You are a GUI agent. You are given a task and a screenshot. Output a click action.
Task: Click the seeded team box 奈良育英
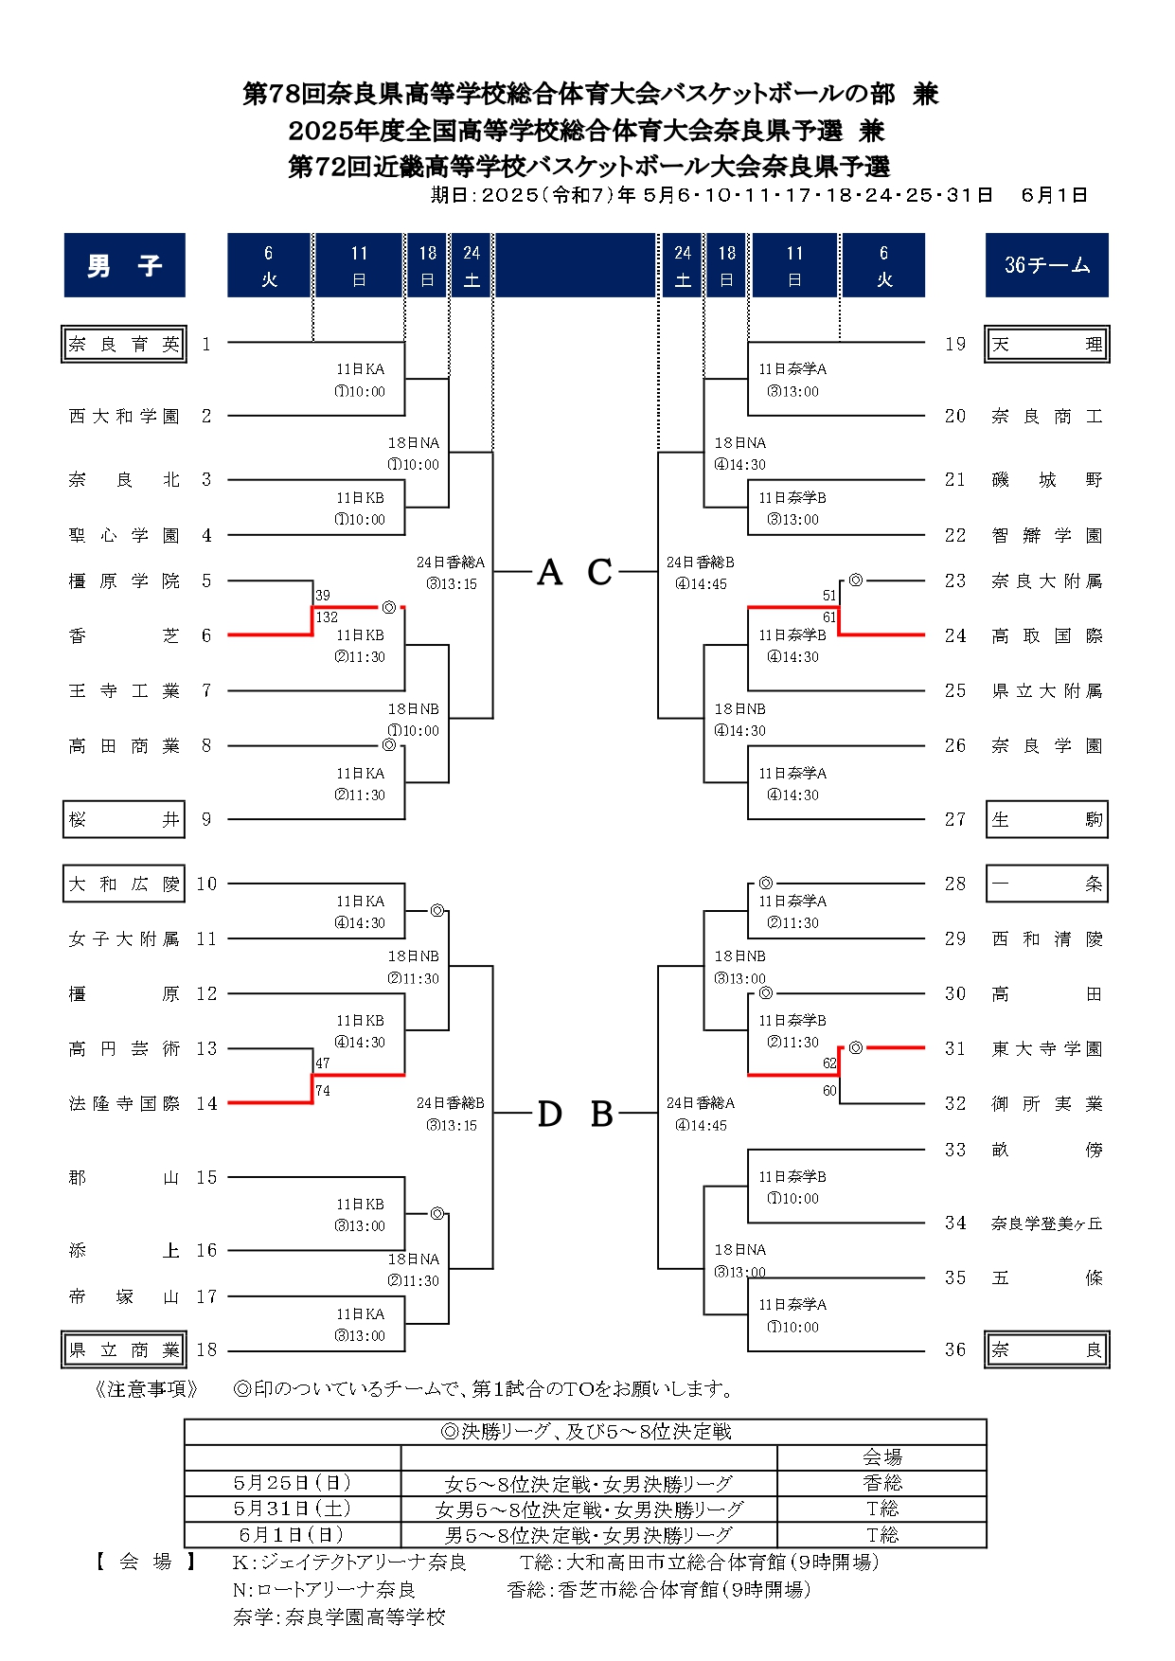coord(124,345)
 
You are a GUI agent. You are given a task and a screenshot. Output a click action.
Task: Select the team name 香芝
coord(124,635)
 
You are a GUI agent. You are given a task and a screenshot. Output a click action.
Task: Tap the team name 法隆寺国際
coord(124,1103)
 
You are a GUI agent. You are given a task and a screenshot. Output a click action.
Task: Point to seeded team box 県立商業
coord(124,1350)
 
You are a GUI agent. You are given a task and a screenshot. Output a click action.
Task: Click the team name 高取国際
coord(1047,636)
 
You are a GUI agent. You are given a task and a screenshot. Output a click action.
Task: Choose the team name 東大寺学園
coord(1047,1048)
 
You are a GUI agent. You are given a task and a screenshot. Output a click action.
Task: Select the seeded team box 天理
coord(1047,345)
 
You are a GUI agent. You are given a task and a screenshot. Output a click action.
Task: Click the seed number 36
coord(955,1350)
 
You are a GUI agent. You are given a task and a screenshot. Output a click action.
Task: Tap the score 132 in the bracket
coord(327,617)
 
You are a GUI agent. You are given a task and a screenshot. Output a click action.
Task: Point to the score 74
coord(323,1091)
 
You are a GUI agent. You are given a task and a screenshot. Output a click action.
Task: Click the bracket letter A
coord(550,573)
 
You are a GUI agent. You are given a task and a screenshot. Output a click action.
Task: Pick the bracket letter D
coord(550,1115)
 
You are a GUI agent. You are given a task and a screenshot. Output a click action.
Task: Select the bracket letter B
coord(602,1115)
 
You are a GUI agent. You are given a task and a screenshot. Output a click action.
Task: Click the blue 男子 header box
coord(125,265)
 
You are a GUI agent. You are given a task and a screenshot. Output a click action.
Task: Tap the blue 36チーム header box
coord(1047,265)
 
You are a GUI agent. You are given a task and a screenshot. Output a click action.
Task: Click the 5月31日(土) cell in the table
coord(293,1509)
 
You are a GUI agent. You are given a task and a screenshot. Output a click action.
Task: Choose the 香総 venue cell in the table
coord(881,1483)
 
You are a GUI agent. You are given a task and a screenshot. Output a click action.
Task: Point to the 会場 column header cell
coord(881,1457)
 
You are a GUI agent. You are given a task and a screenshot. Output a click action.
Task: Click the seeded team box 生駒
coord(1047,820)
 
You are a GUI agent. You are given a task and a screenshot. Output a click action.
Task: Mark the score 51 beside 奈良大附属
coord(829,596)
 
